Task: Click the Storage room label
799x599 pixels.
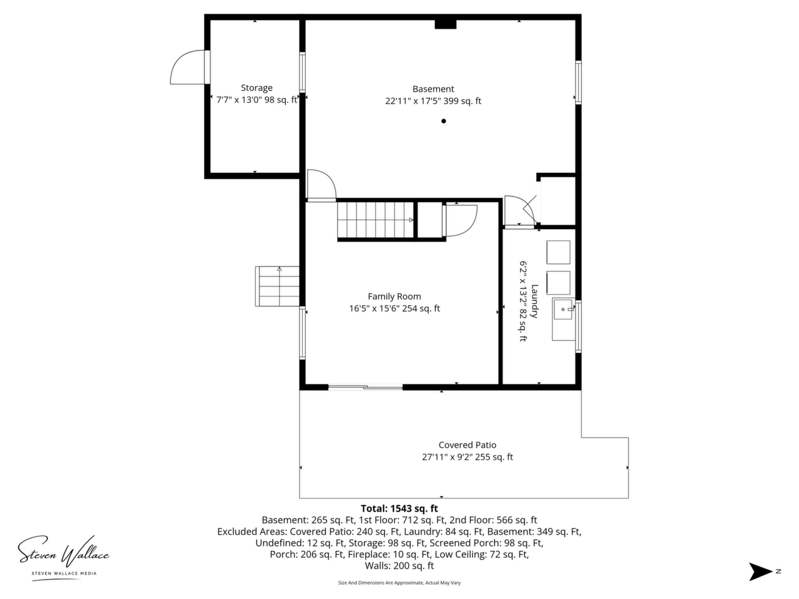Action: click(257, 87)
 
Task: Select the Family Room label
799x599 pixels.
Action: click(395, 296)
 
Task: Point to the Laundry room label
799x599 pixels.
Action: click(534, 301)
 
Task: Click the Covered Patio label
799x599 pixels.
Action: click(467, 445)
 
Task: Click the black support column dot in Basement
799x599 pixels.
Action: click(443, 121)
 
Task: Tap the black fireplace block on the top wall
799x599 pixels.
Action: click(446, 24)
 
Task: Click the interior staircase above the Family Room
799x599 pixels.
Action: click(375, 220)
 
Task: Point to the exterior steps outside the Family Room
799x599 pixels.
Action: click(277, 286)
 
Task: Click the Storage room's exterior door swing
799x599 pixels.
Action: click(188, 67)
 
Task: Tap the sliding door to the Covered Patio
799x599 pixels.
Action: click(365, 387)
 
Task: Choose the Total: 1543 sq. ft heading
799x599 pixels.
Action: click(399, 509)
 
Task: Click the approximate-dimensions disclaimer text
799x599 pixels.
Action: click(399, 583)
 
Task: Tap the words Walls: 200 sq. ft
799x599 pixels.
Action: click(399, 565)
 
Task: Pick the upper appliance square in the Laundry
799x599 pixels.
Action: click(558, 252)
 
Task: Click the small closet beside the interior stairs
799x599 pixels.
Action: click(429, 220)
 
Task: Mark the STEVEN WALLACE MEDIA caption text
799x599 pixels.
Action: click(64, 573)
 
